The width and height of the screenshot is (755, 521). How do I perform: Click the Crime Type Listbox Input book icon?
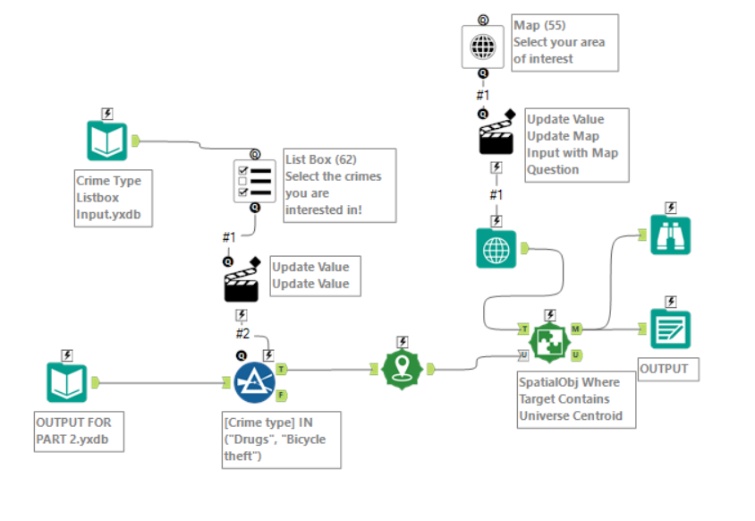click(x=107, y=141)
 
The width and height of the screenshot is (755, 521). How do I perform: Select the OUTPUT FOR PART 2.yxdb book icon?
click(x=67, y=383)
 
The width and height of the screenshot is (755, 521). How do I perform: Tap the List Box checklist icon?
click(x=255, y=179)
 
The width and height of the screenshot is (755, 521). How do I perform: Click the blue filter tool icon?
click(x=255, y=383)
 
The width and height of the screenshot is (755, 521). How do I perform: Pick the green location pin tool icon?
click(x=402, y=367)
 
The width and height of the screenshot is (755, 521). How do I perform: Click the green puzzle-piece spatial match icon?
click(x=549, y=342)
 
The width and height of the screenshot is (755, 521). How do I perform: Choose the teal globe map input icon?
click(x=496, y=248)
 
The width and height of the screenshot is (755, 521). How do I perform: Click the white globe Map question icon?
click(x=483, y=46)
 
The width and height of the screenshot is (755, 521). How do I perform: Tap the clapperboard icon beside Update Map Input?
click(x=496, y=136)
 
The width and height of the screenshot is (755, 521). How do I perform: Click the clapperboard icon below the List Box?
click(x=242, y=284)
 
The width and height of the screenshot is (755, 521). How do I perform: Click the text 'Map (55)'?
click(x=539, y=25)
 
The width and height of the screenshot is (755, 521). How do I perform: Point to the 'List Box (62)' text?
click(x=320, y=159)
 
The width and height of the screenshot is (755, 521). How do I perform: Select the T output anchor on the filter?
click(x=281, y=368)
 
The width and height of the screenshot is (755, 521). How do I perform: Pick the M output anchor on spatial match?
click(x=575, y=329)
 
